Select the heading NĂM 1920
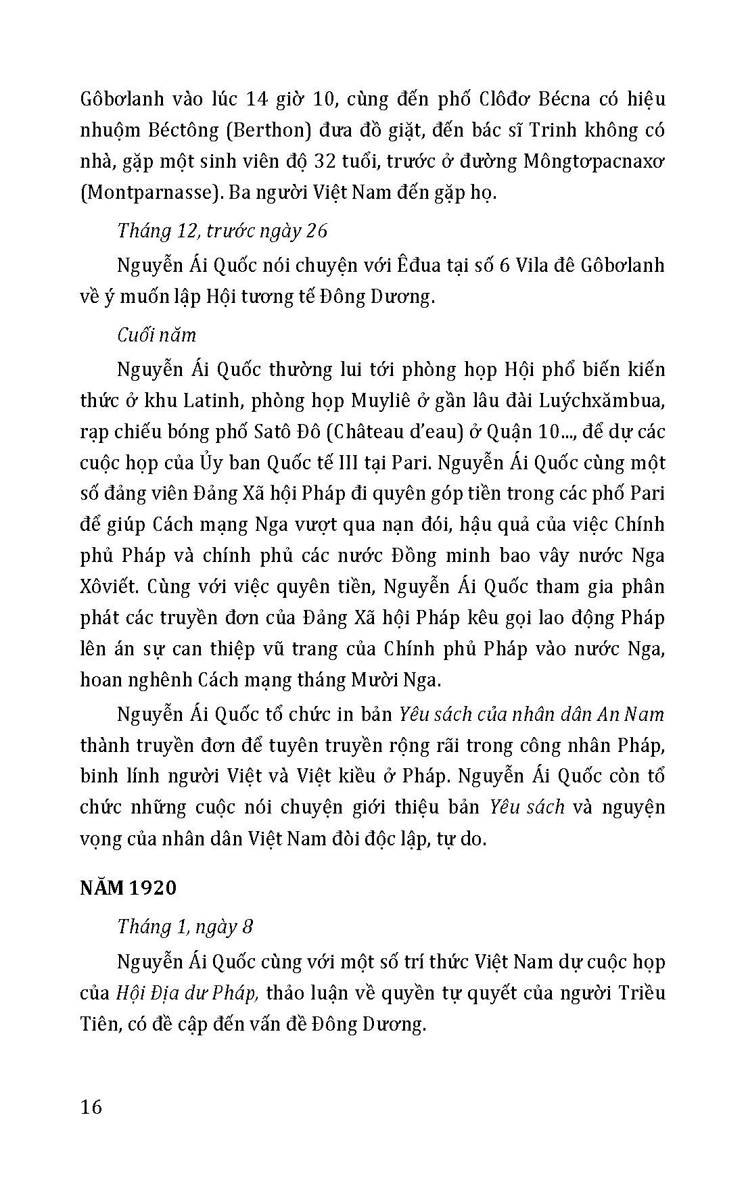(128, 887)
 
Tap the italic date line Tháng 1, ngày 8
(185, 926)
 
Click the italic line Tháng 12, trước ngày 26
(222, 231)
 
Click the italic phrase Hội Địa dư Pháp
(185, 993)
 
